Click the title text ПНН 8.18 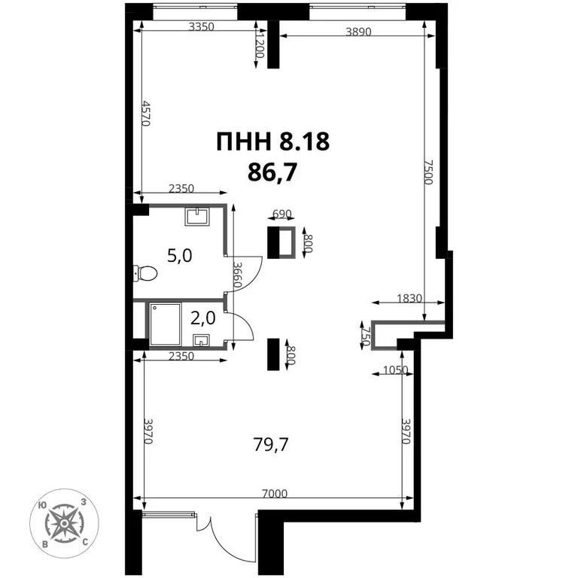pos(272,141)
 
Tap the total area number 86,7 pos(272,172)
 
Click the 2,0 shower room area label pos(203,318)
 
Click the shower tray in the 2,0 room pos(165,324)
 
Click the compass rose pos(64,522)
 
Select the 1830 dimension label pos(409,298)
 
